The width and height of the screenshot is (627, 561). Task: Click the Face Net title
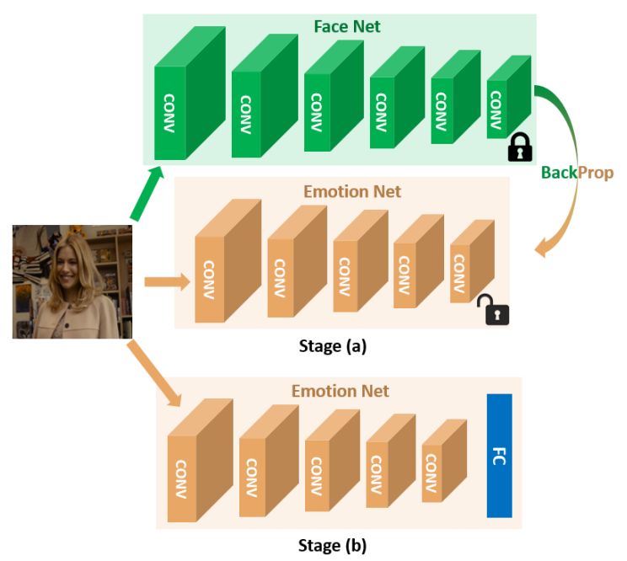(x=346, y=27)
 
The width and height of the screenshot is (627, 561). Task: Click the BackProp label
(x=577, y=173)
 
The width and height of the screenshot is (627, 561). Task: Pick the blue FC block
(x=499, y=455)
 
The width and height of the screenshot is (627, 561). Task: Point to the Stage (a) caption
(x=333, y=345)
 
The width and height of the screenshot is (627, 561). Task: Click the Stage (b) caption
(x=332, y=544)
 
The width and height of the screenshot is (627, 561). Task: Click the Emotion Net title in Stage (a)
(x=352, y=191)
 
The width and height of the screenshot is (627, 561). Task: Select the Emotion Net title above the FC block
(x=340, y=391)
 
